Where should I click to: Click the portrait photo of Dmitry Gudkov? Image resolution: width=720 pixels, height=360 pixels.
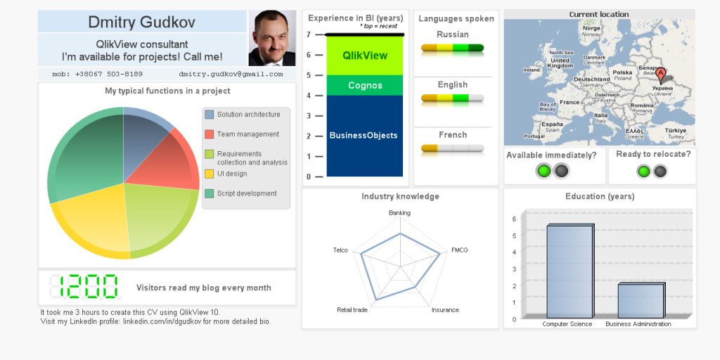(x=272, y=38)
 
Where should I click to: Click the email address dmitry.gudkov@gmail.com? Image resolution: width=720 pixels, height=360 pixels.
(x=231, y=74)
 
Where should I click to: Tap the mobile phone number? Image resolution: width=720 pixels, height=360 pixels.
(x=97, y=74)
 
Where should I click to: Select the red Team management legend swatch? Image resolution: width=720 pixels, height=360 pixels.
(x=210, y=134)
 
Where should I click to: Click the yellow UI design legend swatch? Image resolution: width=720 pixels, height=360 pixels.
(x=210, y=174)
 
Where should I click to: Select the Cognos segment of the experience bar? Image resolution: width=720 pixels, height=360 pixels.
(x=365, y=86)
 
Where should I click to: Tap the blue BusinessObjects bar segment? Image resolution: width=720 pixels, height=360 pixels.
(x=365, y=136)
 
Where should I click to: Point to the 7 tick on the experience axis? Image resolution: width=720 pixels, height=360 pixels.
(x=309, y=34)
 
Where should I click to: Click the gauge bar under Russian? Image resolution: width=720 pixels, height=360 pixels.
(x=452, y=49)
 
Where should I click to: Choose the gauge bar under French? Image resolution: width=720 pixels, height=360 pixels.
(x=452, y=148)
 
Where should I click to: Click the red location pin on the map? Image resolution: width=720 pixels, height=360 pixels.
(x=660, y=72)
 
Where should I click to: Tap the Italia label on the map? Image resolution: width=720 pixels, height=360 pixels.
(x=600, y=115)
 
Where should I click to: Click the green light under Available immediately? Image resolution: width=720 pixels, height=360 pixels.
(x=544, y=171)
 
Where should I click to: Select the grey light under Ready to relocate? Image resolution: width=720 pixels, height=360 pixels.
(x=660, y=171)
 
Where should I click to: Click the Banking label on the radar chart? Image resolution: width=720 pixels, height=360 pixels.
(x=399, y=212)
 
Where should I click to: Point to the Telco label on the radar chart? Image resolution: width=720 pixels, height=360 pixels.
(x=340, y=250)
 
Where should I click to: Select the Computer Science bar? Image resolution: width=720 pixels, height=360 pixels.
(x=570, y=271)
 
